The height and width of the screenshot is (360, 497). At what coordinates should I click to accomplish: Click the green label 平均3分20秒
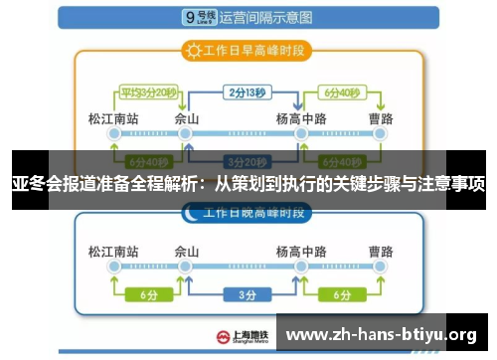click(148, 93)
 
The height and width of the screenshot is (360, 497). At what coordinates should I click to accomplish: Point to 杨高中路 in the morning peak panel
click(299, 119)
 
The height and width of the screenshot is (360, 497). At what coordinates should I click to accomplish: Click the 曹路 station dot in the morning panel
click(381, 136)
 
